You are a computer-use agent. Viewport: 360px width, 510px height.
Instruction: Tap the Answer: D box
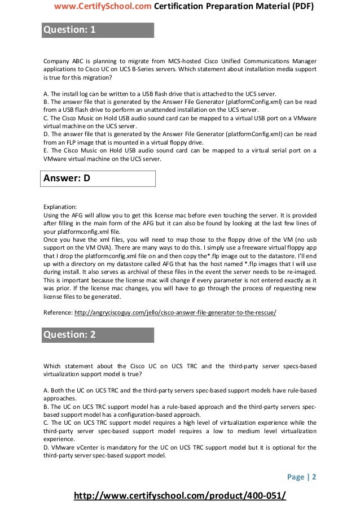tap(67, 179)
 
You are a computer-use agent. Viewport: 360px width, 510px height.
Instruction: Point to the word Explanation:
tap(60, 207)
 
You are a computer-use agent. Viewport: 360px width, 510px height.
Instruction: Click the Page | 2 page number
tap(302, 476)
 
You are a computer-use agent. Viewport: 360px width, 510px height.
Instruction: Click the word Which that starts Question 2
tap(52, 366)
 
